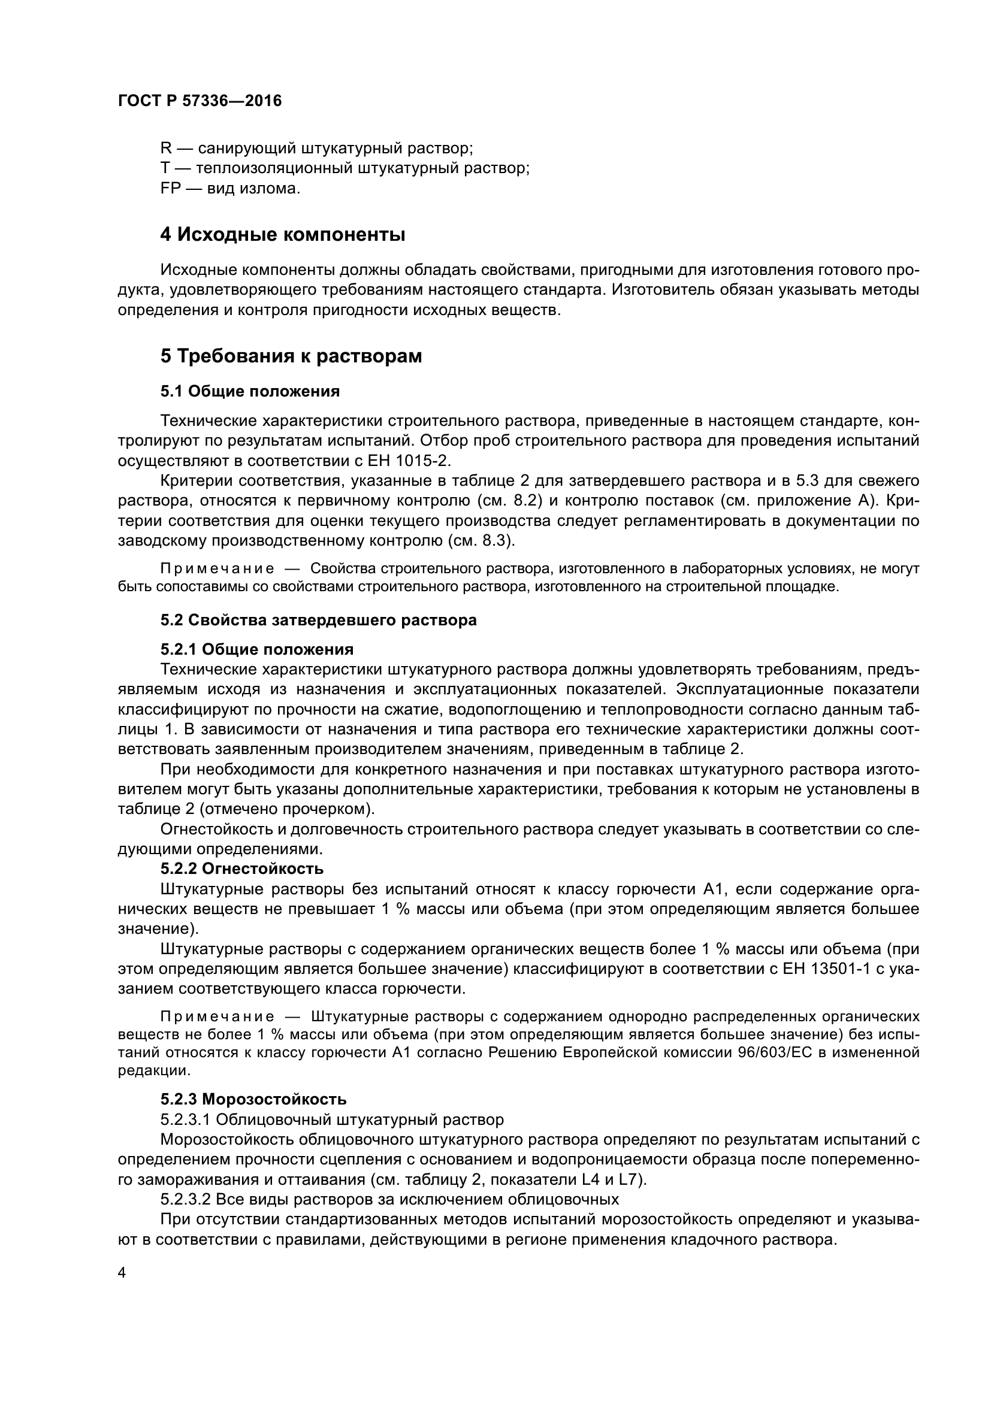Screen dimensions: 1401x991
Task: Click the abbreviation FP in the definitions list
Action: click(x=171, y=189)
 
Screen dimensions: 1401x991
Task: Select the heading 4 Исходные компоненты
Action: click(x=283, y=234)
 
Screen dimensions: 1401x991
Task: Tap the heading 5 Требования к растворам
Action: click(x=291, y=356)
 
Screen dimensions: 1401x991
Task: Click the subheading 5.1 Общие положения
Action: click(x=250, y=391)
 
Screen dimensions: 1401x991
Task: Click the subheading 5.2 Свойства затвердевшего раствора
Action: click(x=319, y=620)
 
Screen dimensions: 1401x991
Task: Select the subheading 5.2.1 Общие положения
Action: click(x=257, y=649)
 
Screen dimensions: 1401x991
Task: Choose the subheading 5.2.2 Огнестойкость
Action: click(x=242, y=869)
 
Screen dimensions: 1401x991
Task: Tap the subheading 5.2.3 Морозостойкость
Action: click(x=253, y=1100)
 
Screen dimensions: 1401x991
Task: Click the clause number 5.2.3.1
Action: click(x=186, y=1119)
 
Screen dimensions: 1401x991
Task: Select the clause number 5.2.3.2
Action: click(x=186, y=1199)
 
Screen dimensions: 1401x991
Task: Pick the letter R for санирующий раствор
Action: click(x=166, y=149)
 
